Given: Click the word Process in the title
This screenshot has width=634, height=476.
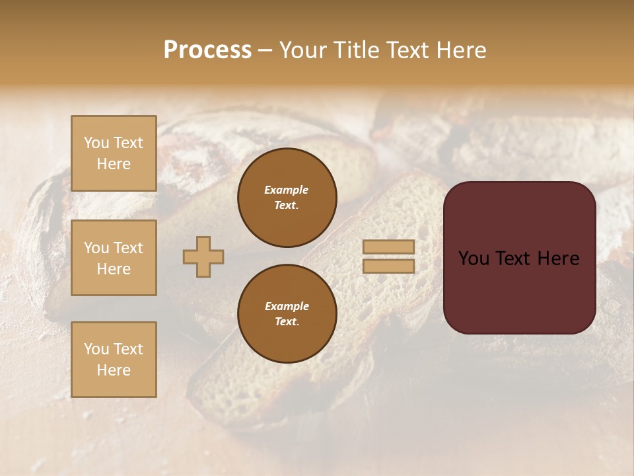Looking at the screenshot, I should click(207, 50).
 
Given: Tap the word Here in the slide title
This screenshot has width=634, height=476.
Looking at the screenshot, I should click(460, 50).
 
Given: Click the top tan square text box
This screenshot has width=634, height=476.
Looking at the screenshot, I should click(114, 153).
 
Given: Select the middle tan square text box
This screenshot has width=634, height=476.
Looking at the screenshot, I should click(114, 258).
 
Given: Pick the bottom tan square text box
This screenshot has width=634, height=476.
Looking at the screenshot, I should click(114, 360).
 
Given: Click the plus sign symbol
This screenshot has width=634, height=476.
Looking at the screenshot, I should click(203, 257).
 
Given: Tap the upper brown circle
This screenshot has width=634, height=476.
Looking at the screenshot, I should click(287, 197).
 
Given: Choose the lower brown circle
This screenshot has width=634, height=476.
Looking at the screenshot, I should click(287, 313).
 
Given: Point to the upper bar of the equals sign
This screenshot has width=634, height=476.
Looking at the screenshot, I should click(388, 247).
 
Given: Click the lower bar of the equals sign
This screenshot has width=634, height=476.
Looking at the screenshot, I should click(388, 266).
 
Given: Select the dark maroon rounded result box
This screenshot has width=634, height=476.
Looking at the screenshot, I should click(519, 257).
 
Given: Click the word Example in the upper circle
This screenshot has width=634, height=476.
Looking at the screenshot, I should click(286, 190).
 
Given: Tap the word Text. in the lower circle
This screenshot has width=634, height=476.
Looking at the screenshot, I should click(287, 321).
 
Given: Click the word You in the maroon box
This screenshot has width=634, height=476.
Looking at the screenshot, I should click(474, 258).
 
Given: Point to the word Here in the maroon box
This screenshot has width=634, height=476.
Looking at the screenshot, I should click(559, 258).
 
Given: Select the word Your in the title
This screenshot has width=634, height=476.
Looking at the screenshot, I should click(305, 50).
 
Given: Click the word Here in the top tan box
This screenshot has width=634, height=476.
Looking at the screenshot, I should click(114, 164).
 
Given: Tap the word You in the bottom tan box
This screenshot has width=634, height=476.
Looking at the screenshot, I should click(96, 349).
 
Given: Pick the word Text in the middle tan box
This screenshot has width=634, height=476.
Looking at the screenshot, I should click(128, 248).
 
